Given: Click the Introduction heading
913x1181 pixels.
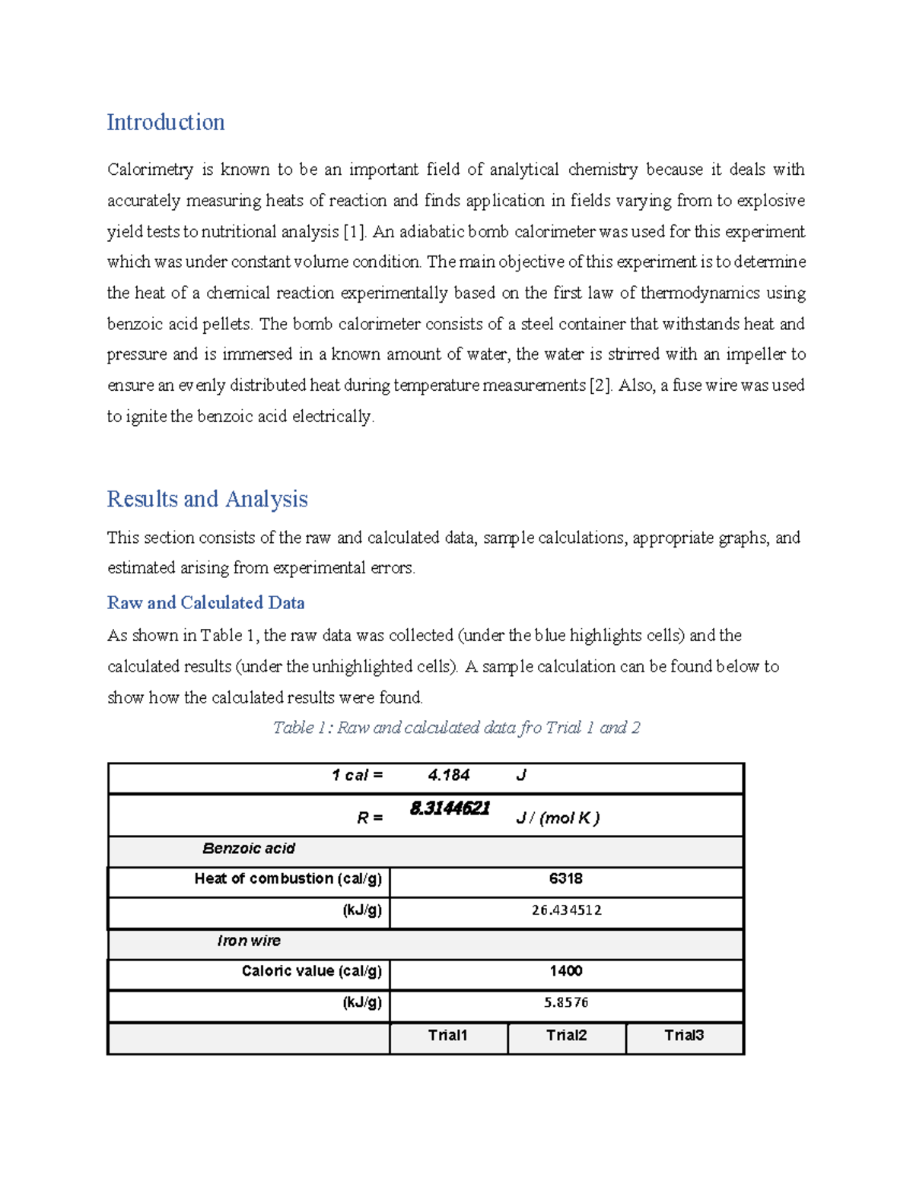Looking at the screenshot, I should click(165, 122).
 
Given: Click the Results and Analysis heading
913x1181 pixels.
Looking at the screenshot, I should click(207, 499).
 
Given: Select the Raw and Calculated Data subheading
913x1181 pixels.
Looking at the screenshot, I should click(205, 602).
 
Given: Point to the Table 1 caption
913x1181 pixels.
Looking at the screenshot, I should click(456, 728).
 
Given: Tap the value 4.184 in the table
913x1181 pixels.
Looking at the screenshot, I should click(448, 775).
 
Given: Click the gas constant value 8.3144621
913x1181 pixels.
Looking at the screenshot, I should click(449, 808).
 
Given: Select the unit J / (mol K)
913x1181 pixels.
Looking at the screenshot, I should click(558, 818).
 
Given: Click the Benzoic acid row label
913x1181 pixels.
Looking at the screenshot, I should click(249, 849).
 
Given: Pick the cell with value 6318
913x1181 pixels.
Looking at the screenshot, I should click(565, 879).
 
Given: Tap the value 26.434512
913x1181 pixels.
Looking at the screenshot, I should click(566, 910).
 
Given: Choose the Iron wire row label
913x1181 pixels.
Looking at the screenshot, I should click(249, 941).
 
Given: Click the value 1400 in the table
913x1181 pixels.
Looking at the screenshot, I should click(565, 971).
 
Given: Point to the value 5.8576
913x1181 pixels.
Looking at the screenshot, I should click(566, 1002).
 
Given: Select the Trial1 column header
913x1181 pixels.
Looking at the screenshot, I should click(447, 1035).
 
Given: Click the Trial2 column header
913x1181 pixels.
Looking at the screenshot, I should click(566, 1035).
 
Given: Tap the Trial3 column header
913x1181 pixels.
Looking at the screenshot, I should click(684, 1035).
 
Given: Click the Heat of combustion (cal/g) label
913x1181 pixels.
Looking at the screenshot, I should click(288, 879).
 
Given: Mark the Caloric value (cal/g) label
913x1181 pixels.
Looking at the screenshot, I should click(311, 971).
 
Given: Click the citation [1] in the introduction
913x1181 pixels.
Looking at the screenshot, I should click(355, 232).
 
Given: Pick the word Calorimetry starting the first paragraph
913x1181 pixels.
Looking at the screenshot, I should click(150, 170).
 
